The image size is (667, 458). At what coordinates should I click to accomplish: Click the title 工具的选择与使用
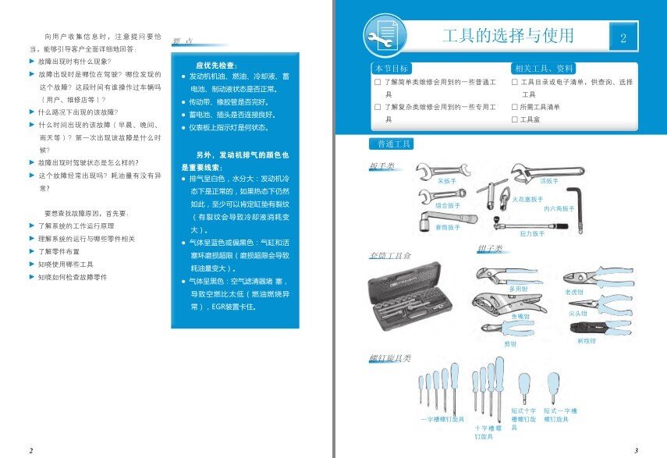[x=507, y=35]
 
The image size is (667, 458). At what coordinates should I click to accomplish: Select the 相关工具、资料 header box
[x=543, y=69]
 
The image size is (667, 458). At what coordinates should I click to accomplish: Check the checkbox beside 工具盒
[x=515, y=119]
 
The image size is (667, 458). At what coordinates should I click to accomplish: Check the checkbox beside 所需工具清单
[x=515, y=106]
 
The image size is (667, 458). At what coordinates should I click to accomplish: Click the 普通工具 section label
[x=390, y=144]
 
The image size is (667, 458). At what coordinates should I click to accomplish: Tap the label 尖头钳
[x=578, y=313]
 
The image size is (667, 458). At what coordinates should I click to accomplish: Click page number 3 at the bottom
[x=637, y=450]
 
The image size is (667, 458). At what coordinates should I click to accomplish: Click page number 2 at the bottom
[x=30, y=450]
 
